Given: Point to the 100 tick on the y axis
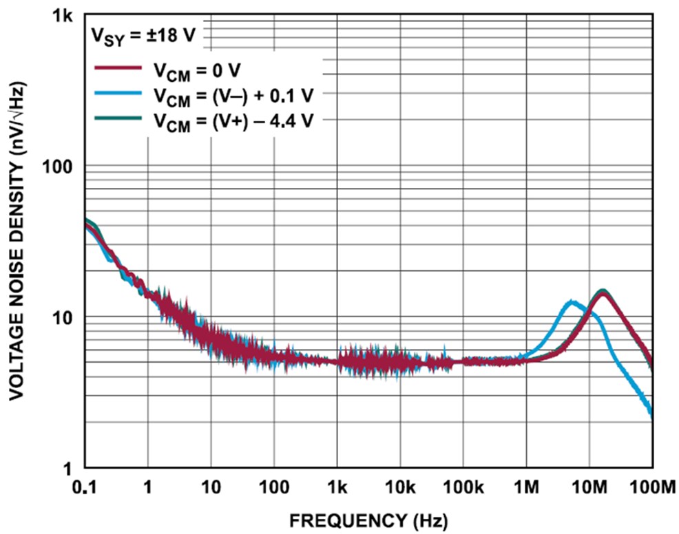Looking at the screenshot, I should point(59,167).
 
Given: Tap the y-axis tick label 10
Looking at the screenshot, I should point(63,318).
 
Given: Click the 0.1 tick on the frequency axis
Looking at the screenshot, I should point(85,488).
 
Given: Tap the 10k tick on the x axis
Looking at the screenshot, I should point(399,488).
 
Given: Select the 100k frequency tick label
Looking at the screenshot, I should point(463,488).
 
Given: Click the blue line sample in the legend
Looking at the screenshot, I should point(118,94).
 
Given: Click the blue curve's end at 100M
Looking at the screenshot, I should point(651,415).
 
